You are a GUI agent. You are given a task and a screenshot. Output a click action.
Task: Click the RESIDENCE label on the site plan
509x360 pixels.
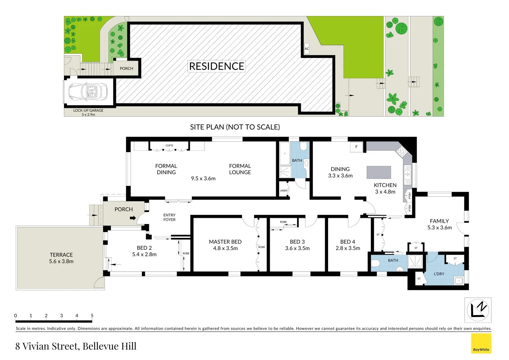click(x=217, y=66)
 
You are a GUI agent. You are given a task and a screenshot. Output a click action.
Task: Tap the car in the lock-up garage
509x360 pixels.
click(x=88, y=91)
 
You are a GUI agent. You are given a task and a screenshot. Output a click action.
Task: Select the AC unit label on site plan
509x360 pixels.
click(x=307, y=49)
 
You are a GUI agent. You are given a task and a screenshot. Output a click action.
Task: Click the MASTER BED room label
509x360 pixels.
click(x=225, y=242)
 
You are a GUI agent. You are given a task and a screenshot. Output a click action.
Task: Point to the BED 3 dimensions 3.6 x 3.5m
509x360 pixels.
click(x=297, y=248)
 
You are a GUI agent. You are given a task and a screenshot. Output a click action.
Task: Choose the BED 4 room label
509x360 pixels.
click(x=347, y=242)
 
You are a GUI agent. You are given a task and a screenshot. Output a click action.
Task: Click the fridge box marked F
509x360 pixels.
click(x=356, y=147)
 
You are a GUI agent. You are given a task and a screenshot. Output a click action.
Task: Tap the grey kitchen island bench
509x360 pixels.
click(x=379, y=172)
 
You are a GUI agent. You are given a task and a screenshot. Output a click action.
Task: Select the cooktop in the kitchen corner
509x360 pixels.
click(x=402, y=152)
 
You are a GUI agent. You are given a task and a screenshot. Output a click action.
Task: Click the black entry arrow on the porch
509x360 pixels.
click(x=133, y=218)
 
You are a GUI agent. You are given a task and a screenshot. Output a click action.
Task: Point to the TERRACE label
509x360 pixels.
click(x=61, y=255)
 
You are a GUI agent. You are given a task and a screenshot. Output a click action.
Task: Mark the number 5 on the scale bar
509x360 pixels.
click(x=92, y=315)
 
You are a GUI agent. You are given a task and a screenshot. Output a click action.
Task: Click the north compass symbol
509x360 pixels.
click(x=478, y=310)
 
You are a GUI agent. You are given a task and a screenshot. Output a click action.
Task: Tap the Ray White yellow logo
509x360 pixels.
click(x=481, y=343)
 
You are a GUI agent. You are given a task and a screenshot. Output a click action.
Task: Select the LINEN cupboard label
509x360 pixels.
click(x=283, y=191)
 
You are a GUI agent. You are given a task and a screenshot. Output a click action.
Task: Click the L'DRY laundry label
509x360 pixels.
click(x=439, y=274)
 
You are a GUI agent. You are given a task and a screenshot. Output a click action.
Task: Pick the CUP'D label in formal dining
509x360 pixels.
click(x=169, y=145)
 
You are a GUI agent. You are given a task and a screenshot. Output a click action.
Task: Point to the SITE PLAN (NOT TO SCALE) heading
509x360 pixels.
click(x=235, y=127)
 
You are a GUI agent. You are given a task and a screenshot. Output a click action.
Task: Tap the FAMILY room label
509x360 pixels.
click(x=439, y=221)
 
